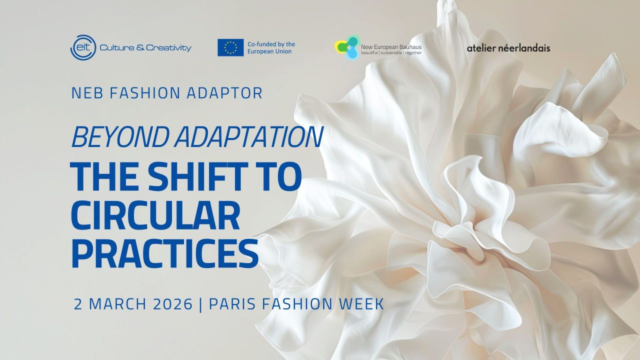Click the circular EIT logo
[x=83, y=47]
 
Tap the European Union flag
[x=230, y=47]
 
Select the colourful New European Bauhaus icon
[x=347, y=47]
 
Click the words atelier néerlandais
[x=508, y=48]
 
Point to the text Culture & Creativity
[x=145, y=47]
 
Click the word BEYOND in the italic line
[x=120, y=136]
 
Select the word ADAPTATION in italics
[x=249, y=136]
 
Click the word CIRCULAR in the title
[x=155, y=215]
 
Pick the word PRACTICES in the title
[x=164, y=253]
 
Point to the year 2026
[x=173, y=304]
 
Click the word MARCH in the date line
[x=117, y=304]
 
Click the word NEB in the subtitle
[x=87, y=93]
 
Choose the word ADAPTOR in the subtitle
[x=224, y=93]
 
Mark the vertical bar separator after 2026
[x=200, y=304]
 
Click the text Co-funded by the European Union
[x=271, y=47]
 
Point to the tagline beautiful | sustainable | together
[x=391, y=53]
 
